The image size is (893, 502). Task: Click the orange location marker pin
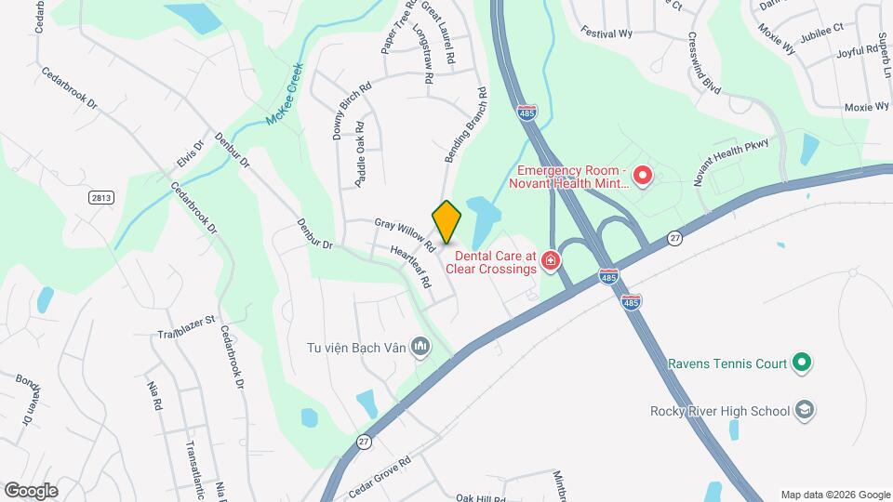(x=446, y=222)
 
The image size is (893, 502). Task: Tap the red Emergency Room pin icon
(x=642, y=175)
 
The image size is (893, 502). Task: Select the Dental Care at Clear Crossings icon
(x=551, y=260)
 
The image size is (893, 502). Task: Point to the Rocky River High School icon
(x=806, y=410)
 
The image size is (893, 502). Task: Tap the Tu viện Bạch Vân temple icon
(x=421, y=348)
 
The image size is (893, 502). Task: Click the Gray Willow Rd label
(x=405, y=235)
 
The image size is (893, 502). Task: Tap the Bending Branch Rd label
(x=466, y=125)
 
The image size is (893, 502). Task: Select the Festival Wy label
(x=606, y=31)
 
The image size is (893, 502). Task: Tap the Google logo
(x=31, y=490)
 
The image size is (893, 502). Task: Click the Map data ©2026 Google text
(x=834, y=495)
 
